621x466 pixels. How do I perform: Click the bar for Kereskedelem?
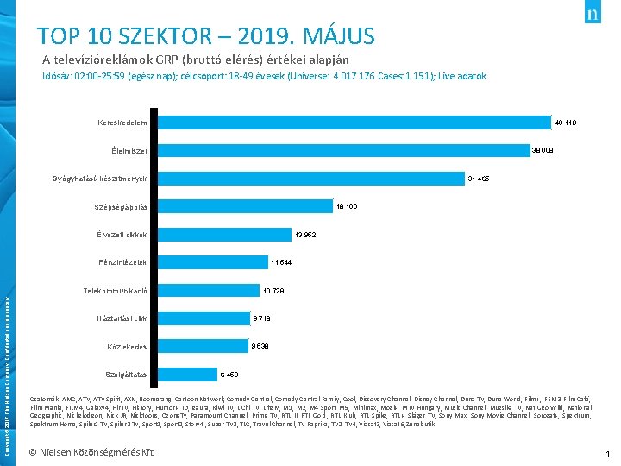pos(354,123)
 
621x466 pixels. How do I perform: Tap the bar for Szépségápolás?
pos(246,206)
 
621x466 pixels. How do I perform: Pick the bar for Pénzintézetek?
pos(212,262)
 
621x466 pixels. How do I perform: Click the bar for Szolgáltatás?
pos(187,375)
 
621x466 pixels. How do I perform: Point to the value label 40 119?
pos(565,123)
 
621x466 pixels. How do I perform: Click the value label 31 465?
pos(479,179)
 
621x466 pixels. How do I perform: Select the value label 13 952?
pos(305,235)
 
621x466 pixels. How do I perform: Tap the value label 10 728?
pos(273,291)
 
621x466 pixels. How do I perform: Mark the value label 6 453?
pos(229,375)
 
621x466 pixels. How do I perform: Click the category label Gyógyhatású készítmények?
pos(100,179)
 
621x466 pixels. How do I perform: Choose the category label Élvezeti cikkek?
pos(121,235)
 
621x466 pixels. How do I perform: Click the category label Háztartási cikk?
pos(122,318)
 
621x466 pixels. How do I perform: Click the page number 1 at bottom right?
pos(607,453)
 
